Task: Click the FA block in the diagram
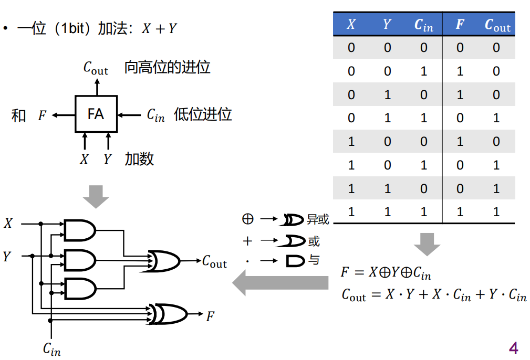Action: (96, 114)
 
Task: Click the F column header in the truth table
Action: (460, 25)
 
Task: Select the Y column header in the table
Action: (387, 25)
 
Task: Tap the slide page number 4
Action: (513, 347)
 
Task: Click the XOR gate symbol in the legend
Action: (293, 219)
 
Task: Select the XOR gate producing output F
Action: (168, 314)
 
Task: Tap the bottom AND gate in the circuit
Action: (79, 288)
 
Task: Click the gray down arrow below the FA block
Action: (96, 196)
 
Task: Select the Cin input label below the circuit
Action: (51, 348)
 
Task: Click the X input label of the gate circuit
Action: (8, 224)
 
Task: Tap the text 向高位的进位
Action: (167, 68)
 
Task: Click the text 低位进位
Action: (203, 114)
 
